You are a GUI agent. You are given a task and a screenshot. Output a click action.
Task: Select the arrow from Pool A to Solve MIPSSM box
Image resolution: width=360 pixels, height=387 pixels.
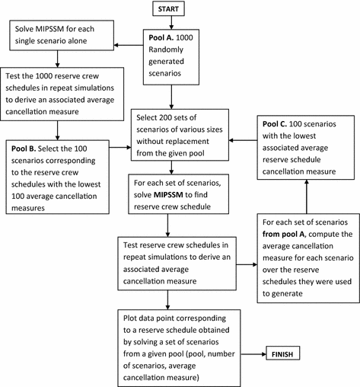(126, 43)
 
